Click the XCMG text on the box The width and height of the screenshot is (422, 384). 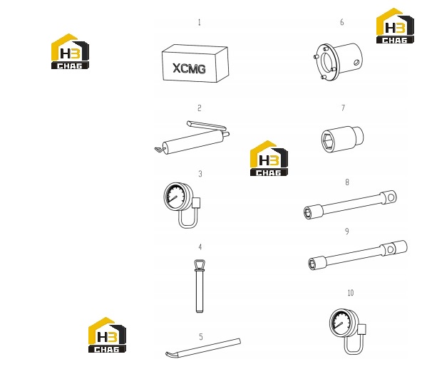tap(189, 68)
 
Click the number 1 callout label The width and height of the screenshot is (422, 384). tap(199, 22)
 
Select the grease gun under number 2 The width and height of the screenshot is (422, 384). tap(192, 137)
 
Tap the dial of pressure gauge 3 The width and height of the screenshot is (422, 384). tap(175, 199)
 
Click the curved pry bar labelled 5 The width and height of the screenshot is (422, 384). tap(203, 348)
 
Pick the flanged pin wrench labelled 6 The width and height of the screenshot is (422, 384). tap(338, 61)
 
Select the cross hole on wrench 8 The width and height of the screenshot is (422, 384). tap(391, 197)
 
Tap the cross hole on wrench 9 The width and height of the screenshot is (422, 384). tap(390, 250)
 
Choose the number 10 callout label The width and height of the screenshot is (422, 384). tap(351, 293)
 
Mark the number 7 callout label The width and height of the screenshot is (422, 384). tap(343, 108)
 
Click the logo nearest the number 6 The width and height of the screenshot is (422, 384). tap(395, 26)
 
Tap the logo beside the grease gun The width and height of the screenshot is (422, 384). tap(269, 158)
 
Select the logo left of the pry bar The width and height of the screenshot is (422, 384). tap(107, 335)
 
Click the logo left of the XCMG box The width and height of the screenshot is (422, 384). tap(70, 51)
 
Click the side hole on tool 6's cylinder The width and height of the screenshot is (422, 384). tap(356, 63)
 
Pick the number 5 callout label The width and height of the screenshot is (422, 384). tap(201, 337)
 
